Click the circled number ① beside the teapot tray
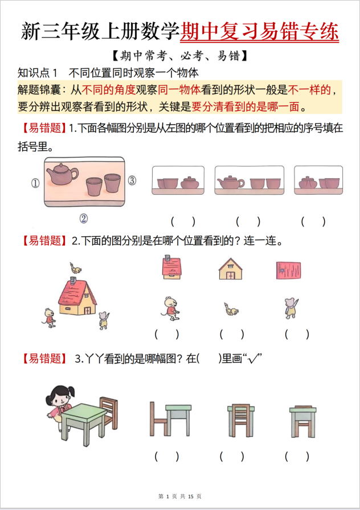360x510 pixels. tap(35, 183)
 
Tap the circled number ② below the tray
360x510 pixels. tap(83, 218)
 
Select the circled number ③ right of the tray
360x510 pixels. tap(132, 181)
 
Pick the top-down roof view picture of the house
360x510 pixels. tap(289, 269)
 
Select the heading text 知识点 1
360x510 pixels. tap(39, 73)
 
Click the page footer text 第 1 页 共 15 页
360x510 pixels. tap(179, 497)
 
